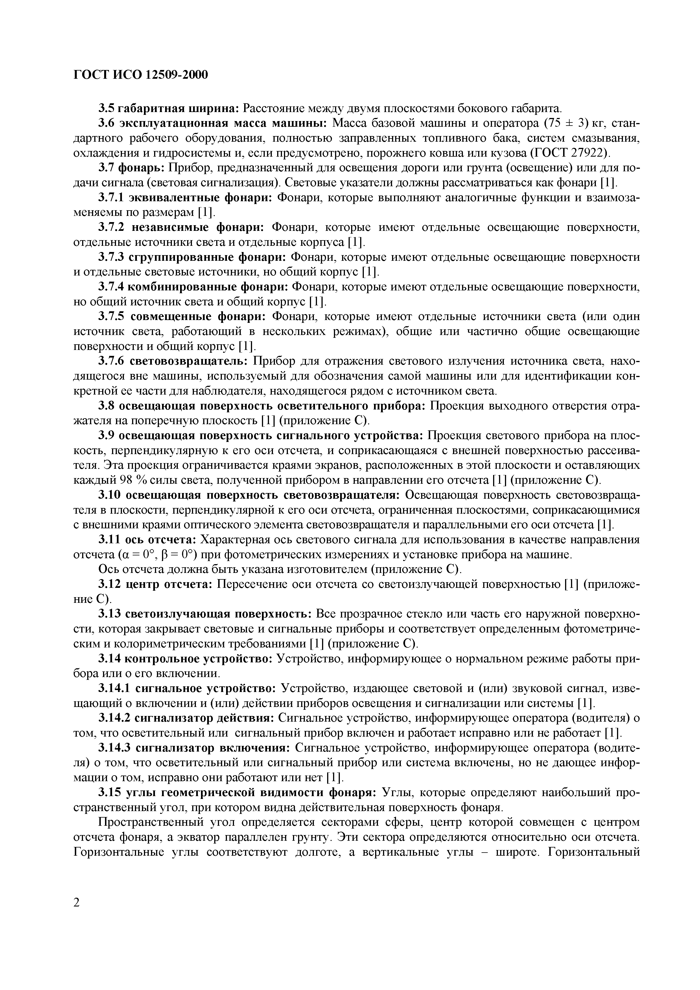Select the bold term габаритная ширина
pyautogui.click(x=178, y=108)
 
